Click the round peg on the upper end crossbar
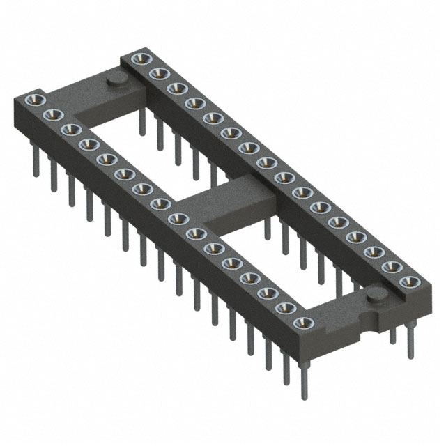point(115,82)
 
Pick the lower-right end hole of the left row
point(302,322)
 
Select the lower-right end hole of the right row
point(408,282)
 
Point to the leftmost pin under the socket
point(35,164)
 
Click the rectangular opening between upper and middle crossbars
point(139,143)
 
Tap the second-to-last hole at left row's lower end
point(284,307)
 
